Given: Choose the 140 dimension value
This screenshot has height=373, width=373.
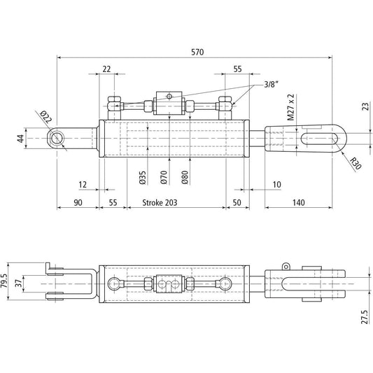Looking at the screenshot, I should click(x=300, y=202).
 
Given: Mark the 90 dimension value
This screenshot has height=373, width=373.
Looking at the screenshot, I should click(x=77, y=202).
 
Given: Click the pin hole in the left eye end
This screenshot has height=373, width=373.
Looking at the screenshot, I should click(x=57, y=139).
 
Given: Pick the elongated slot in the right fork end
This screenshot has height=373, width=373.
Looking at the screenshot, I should click(x=321, y=139).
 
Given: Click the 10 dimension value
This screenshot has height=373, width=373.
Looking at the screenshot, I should click(x=277, y=184).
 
